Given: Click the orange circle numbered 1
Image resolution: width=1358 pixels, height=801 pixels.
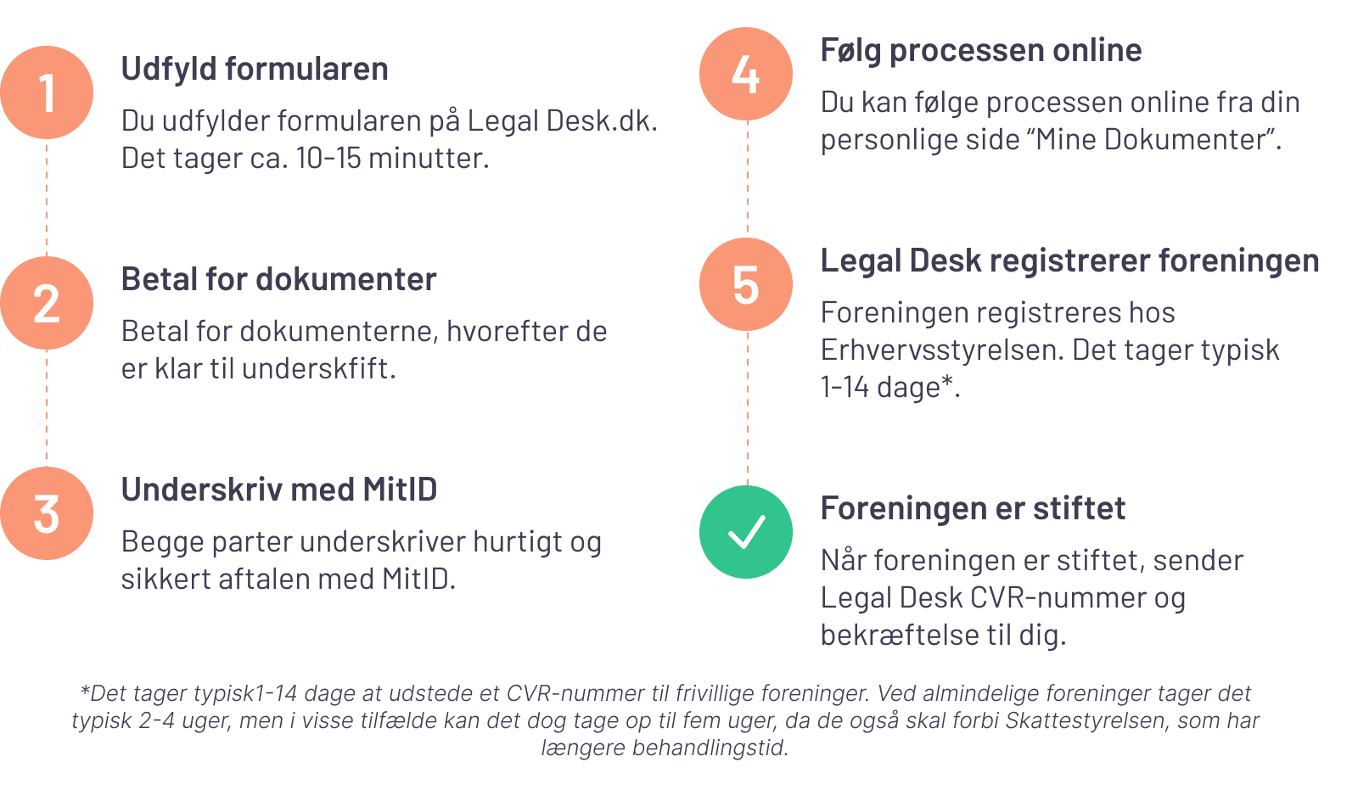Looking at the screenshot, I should [x=47, y=92].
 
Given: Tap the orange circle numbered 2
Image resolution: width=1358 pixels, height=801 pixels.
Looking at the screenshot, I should [x=47, y=303].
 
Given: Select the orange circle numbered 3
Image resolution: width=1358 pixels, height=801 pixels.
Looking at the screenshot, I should [x=47, y=513].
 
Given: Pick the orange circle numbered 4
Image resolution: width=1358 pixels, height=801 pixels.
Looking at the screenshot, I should [x=746, y=74].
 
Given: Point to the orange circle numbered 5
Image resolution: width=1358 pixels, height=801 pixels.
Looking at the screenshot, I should [x=746, y=284].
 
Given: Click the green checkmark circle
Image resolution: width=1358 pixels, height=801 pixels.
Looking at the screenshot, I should [x=746, y=532].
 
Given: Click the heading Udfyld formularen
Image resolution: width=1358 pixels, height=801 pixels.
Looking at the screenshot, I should [x=255, y=69].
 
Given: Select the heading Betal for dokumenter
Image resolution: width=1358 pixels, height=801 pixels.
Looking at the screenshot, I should [x=278, y=279].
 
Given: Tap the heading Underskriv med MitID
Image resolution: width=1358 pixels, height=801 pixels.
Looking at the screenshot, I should [x=278, y=490].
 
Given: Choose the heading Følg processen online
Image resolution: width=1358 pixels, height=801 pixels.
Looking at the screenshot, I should [x=980, y=50].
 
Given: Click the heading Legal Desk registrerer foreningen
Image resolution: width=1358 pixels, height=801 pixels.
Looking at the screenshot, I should [x=1069, y=260].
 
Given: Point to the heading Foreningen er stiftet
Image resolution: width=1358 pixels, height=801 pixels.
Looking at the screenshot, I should [x=973, y=508].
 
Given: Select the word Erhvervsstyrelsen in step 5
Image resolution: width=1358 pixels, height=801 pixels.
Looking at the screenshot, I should [x=941, y=350].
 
